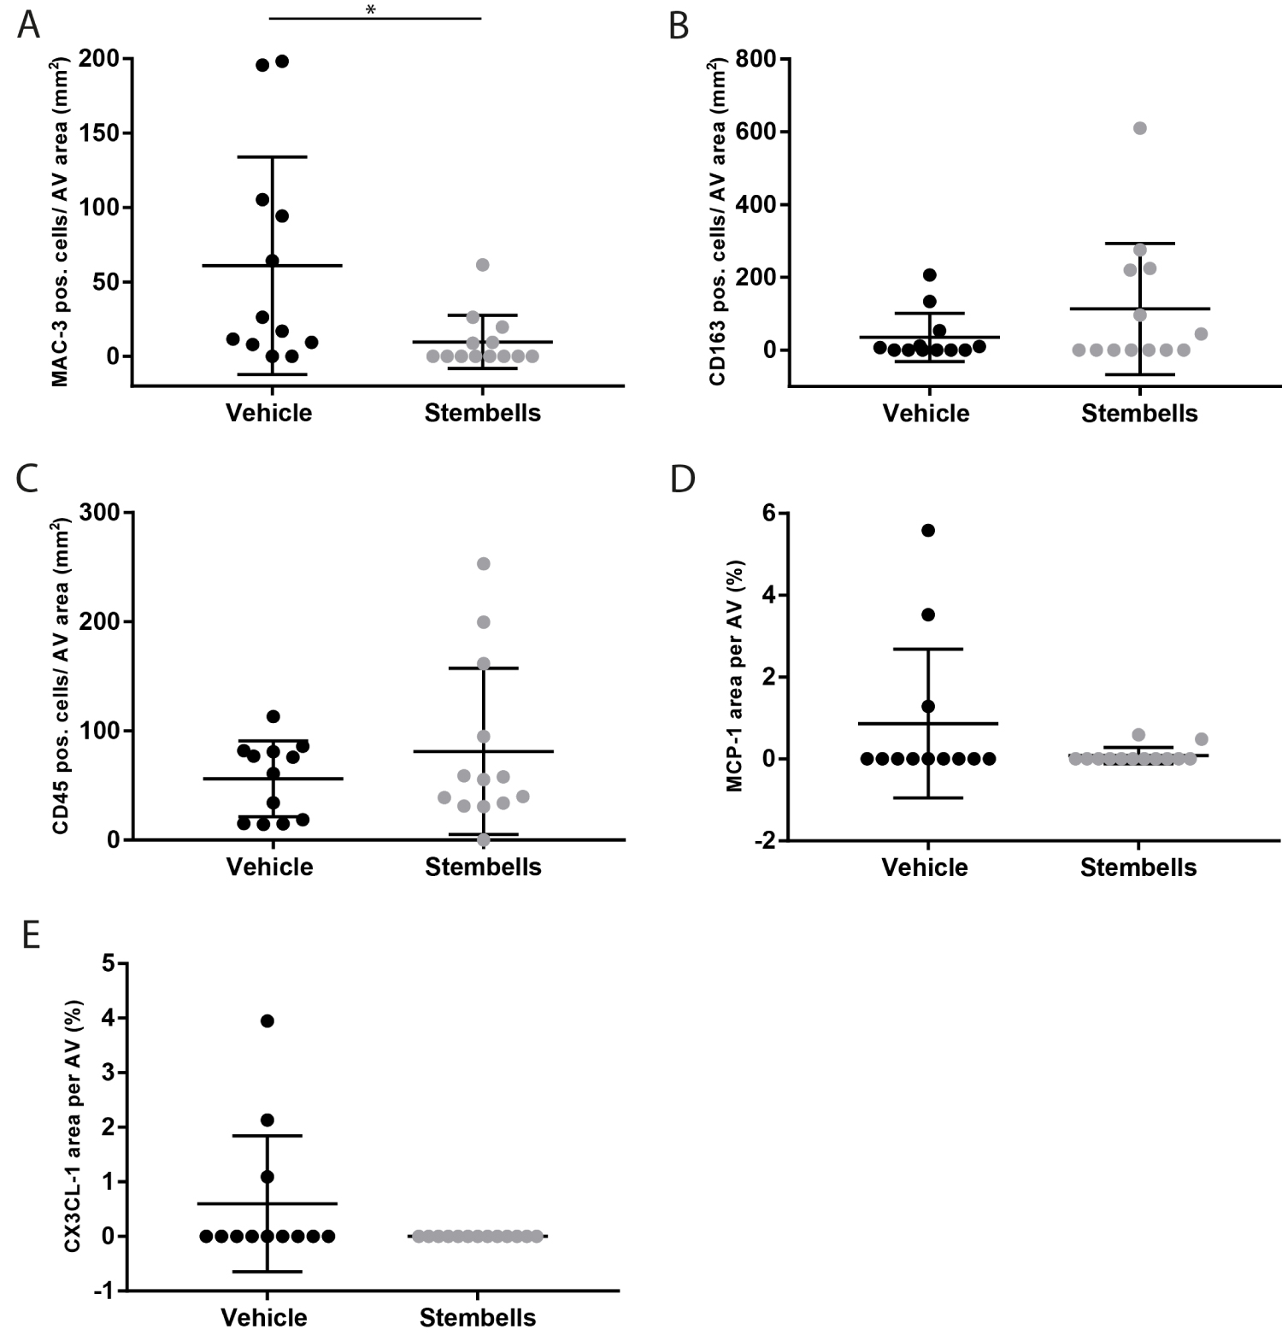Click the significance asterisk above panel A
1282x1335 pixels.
pos(370,9)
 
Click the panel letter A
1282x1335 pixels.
pos(28,26)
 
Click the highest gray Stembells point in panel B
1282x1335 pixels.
pos(1139,128)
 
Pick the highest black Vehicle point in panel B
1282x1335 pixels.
pos(929,274)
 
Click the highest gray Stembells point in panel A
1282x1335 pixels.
pos(482,265)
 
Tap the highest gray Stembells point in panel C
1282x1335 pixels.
pos(483,563)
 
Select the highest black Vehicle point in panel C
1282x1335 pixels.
pos(273,716)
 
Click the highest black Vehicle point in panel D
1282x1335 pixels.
pos(928,530)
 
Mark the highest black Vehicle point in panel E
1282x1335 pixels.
pos(267,1020)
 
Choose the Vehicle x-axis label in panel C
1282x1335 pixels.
pos(269,867)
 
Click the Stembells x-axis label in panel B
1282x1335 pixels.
pos(1139,414)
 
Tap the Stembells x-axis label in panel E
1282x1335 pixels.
pos(478,1317)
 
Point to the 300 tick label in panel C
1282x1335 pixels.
pos(100,512)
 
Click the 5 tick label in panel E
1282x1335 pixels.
pos(108,963)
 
